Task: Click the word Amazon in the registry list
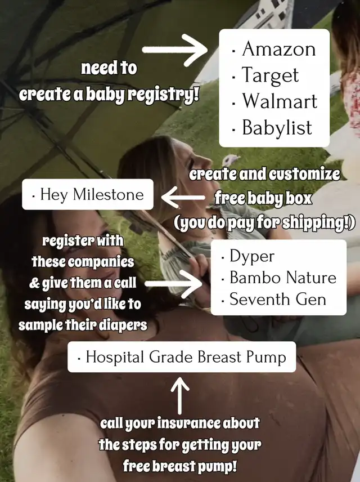tap(279, 49)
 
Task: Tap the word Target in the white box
tap(271, 75)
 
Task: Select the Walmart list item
tap(280, 101)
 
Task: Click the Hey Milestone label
tap(88, 194)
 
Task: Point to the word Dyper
tap(252, 256)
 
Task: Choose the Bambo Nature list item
tap(283, 277)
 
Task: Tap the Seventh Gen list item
tap(278, 299)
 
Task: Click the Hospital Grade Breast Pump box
tap(182, 357)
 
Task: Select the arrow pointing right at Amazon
tap(175, 50)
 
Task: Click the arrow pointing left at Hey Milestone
tap(183, 197)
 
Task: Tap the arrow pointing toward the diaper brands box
tap(173, 284)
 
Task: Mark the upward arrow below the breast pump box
tap(179, 396)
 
